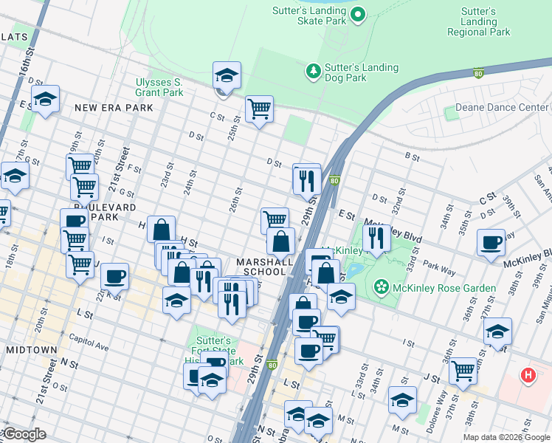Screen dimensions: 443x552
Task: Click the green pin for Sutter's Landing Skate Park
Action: pos(358,14)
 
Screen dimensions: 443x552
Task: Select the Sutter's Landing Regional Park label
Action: pos(478,21)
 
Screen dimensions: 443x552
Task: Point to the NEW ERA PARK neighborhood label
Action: pos(114,108)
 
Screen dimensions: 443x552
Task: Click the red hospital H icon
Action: pos(528,375)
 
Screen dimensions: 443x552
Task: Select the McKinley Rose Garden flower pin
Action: pos(381,286)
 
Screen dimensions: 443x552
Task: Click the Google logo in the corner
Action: pos(24,434)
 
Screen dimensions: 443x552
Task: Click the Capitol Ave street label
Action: pos(89,346)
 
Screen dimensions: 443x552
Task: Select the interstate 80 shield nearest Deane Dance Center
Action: pos(478,72)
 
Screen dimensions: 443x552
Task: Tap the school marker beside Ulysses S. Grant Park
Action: pos(227,75)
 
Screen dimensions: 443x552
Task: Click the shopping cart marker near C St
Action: pos(259,109)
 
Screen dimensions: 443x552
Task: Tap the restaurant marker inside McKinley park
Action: pos(376,238)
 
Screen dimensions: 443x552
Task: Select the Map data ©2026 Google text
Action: pos(506,437)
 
